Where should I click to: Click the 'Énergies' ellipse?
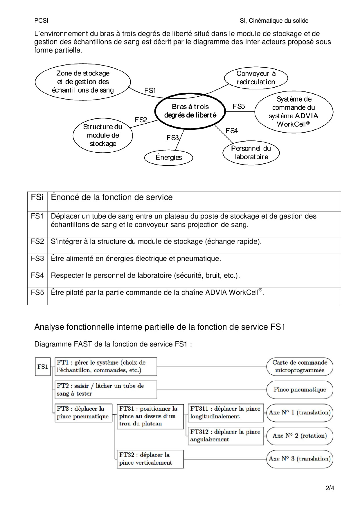pos(169,158)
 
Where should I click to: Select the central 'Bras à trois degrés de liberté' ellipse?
pos(190,111)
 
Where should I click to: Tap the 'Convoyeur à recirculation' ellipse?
pos(256,78)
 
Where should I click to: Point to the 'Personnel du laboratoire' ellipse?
pos(251,153)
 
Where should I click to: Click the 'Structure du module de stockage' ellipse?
pos(103,135)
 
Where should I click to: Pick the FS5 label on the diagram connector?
pos(239,107)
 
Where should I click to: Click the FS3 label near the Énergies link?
pos(172,138)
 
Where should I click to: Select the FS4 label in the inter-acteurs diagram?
pos(231,131)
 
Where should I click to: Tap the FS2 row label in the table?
pos(37,241)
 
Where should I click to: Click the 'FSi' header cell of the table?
pos(37,197)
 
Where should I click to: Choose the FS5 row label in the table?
pos(37,293)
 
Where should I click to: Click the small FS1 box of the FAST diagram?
pos(43,367)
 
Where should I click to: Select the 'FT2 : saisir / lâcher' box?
pos(106,390)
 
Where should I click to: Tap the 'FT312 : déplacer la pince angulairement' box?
pos(226,436)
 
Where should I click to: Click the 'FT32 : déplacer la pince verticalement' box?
pos(150,459)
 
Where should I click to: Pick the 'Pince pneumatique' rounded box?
pos(300,390)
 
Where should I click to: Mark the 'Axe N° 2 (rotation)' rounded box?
pos(300,436)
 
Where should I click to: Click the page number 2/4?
pos(330,488)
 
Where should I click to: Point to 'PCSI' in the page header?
pos(41,21)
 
